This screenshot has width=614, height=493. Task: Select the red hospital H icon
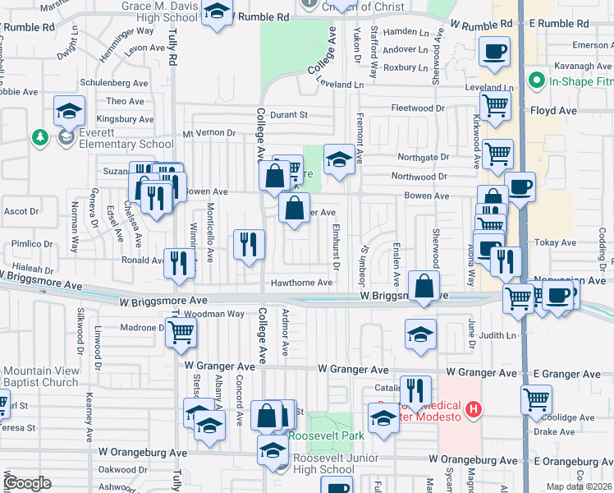(x=473, y=408)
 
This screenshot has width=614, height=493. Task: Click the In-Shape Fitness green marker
(x=538, y=81)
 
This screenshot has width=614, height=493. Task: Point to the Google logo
(x=27, y=483)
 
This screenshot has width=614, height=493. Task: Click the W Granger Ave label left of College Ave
(x=214, y=365)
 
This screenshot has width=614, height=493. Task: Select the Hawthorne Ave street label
(x=302, y=283)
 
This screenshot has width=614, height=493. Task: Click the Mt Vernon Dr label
(x=204, y=132)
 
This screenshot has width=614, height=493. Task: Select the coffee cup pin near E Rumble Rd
(x=494, y=52)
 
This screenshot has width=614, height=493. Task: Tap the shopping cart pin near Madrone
(x=180, y=332)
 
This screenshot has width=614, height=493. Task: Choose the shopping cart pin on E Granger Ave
(x=536, y=399)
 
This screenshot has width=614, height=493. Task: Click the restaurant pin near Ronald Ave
(x=179, y=262)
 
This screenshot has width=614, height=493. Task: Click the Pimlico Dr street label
(x=30, y=244)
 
